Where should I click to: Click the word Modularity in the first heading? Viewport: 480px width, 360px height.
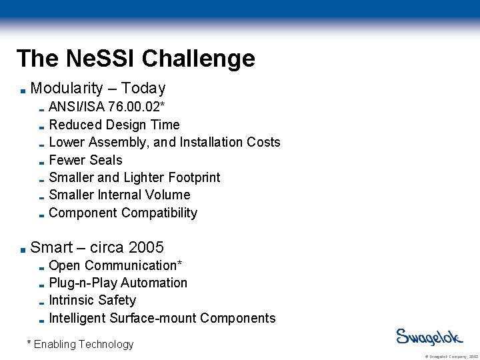tap(67, 88)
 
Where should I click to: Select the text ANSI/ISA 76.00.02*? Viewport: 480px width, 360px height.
tap(107, 107)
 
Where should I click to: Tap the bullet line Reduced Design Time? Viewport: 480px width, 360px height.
tap(114, 125)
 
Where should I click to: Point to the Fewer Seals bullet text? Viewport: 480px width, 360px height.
tap(85, 160)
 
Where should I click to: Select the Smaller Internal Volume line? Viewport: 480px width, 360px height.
tap(119, 195)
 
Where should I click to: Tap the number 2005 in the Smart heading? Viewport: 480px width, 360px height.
tap(146, 247)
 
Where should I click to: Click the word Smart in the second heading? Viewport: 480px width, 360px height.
tap(51, 247)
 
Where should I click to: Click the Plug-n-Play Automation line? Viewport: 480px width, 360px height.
tap(118, 283)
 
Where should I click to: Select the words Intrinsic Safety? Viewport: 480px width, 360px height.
tap(92, 300)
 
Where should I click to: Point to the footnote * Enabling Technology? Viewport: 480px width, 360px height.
tap(80, 344)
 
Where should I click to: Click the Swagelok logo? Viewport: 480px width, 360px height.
tap(427, 337)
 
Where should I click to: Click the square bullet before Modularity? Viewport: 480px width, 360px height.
tap(23, 90)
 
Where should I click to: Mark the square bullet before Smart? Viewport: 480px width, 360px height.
tap(23, 249)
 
